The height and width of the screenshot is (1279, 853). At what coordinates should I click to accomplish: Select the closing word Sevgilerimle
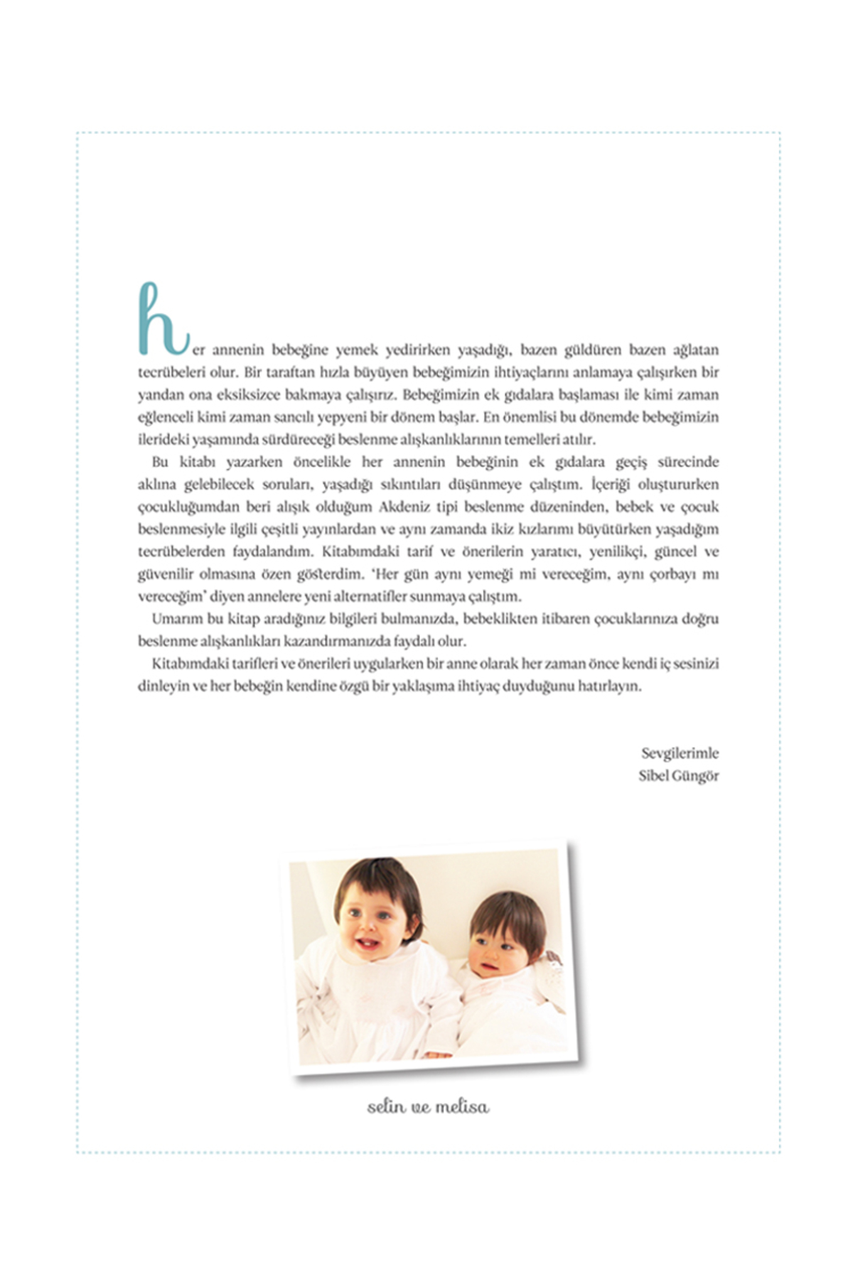(x=680, y=753)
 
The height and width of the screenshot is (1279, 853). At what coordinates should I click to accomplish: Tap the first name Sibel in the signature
(x=653, y=775)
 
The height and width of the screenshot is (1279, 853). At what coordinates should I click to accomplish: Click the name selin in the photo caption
(x=387, y=1107)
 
